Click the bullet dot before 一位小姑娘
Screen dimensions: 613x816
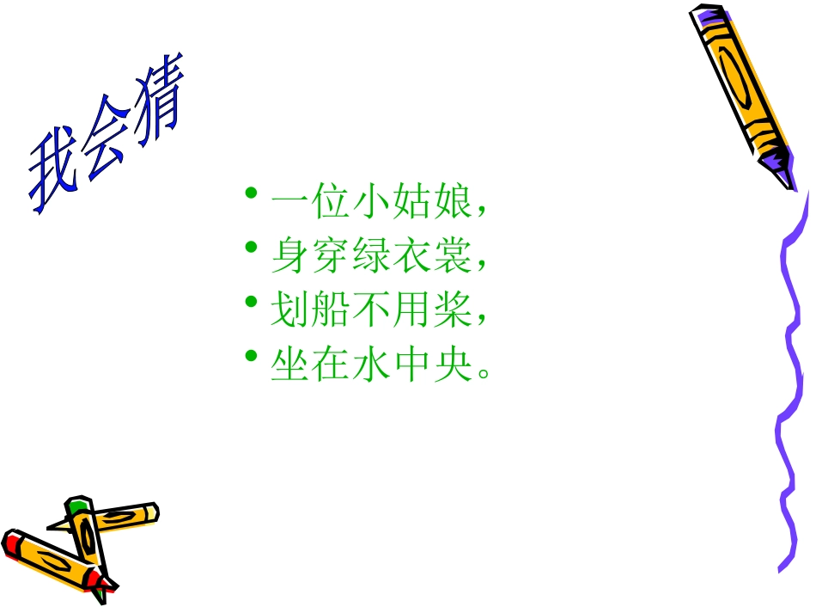click(251, 193)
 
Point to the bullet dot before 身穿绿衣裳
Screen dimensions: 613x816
click(251, 248)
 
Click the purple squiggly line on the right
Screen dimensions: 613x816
click(789, 387)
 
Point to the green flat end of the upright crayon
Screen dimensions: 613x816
click(79, 502)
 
